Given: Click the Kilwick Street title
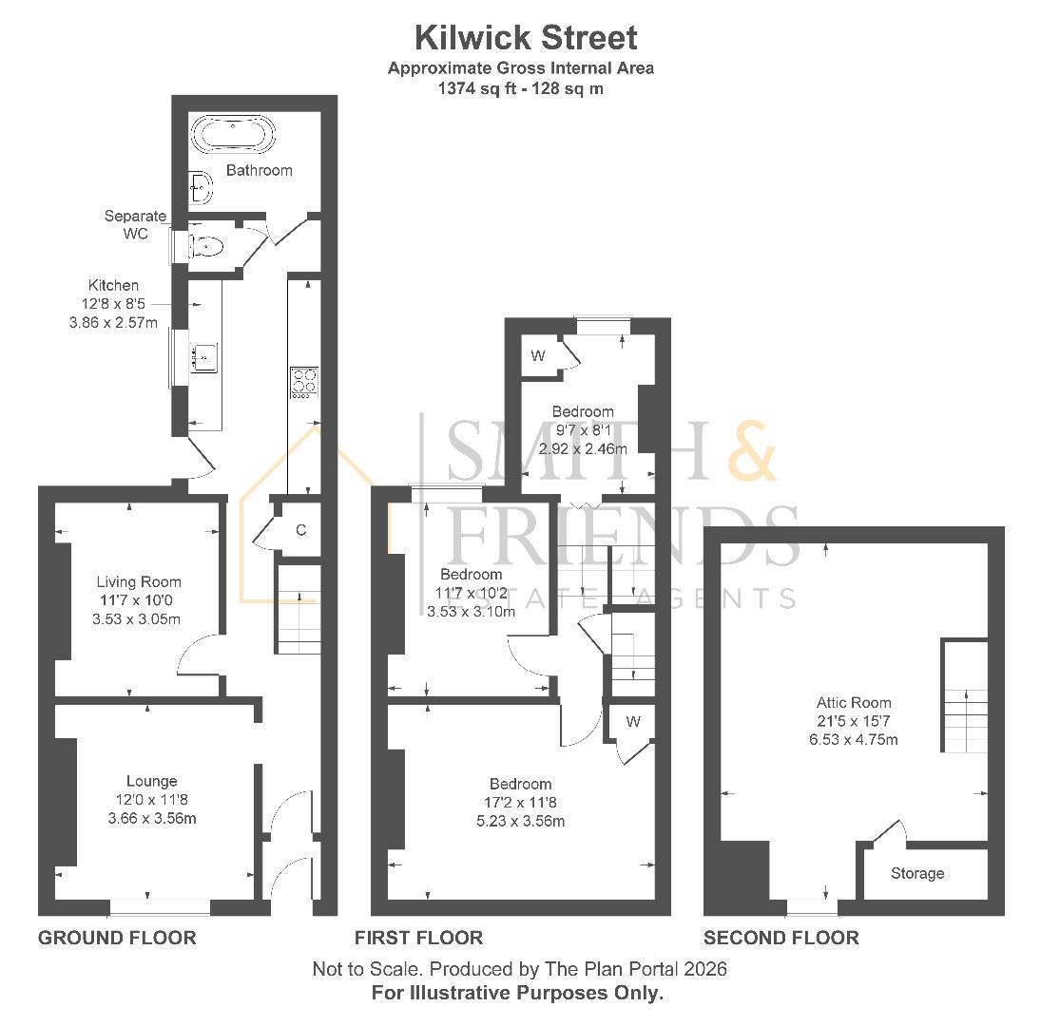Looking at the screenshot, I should click(x=526, y=38).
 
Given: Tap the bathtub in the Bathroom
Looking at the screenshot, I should click(x=233, y=134).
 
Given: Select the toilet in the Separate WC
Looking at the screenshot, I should click(x=205, y=247).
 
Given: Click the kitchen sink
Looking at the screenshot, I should click(x=204, y=358).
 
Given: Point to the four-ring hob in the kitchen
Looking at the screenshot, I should click(x=304, y=381).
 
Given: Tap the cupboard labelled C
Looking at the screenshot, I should click(x=300, y=530).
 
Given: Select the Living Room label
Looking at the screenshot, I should click(x=139, y=581).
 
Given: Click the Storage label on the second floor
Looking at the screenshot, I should click(x=917, y=873).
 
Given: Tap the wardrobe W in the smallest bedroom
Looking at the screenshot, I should click(x=538, y=355).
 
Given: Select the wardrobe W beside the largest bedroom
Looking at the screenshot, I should click(x=633, y=722).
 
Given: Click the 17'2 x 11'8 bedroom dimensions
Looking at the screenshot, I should click(x=520, y=803).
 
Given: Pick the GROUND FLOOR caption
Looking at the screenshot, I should click(x=117, y=938).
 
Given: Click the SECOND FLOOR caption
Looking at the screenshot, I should click(x=781, y=938).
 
